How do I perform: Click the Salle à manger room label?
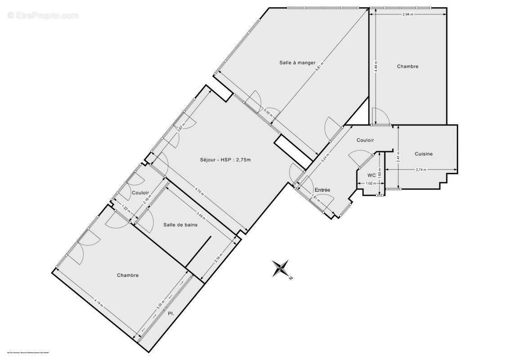(x=297, y=63)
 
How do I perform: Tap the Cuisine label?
(x=423, y=154)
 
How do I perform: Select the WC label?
(x=371, y=175)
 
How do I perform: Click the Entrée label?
(x=322, y=190)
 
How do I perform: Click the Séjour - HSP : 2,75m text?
(x=225, y=160)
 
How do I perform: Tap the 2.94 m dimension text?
(x=408, y=14)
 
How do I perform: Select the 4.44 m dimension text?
(x=375, y=67)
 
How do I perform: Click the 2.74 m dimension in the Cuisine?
(x=421, y=170)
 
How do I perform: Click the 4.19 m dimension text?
(x=99, y=304)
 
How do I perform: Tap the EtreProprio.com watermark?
(x=43, y=16)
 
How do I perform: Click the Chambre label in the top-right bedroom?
(x=407, y=67)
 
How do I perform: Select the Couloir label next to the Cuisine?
(x=365, y=140)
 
